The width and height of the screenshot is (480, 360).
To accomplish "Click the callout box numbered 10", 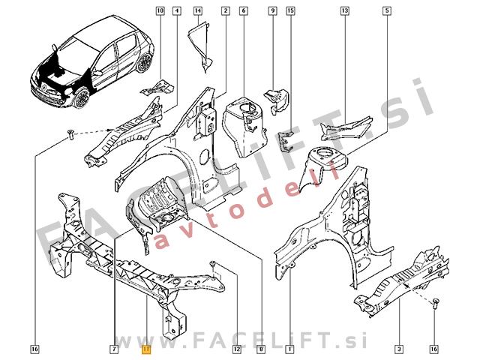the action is [160, 11].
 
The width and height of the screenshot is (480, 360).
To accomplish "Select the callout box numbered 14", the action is [198, 11].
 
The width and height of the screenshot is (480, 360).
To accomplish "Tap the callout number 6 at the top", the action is [244, 11].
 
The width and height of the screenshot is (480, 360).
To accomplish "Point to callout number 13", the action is [345, 11].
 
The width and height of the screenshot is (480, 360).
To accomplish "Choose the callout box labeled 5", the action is [387, 11].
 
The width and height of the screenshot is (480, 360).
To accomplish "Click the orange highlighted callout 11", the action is [146, 349].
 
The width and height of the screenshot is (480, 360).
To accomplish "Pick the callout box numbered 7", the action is [113, 349].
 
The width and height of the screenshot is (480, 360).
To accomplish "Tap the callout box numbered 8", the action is [261, 349].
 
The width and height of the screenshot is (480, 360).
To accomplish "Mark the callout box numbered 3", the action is [399, 349].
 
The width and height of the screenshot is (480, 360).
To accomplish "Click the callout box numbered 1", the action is [289, 349].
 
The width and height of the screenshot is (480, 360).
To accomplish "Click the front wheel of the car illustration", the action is [82, 98].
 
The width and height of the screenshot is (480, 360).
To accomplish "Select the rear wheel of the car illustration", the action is [144, 63].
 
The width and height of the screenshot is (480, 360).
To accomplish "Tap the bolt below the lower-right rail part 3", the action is [436, 304].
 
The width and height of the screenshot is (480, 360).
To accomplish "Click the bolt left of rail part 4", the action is [70, 135].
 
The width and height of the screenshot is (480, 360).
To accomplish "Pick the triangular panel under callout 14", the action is [199, 46].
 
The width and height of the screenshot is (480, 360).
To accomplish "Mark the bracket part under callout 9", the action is [276, 100].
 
